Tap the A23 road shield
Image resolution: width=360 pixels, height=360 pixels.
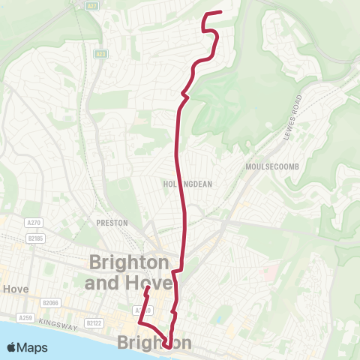99,54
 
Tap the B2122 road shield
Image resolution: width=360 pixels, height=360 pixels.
93,323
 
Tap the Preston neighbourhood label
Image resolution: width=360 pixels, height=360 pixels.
112,223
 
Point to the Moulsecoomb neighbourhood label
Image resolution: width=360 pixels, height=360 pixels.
266,165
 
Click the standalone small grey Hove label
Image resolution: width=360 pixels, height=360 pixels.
14,289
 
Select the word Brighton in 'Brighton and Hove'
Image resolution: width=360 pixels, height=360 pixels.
128,262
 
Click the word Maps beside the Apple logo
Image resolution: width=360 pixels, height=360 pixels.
34,347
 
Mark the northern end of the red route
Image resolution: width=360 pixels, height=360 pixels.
220,12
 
